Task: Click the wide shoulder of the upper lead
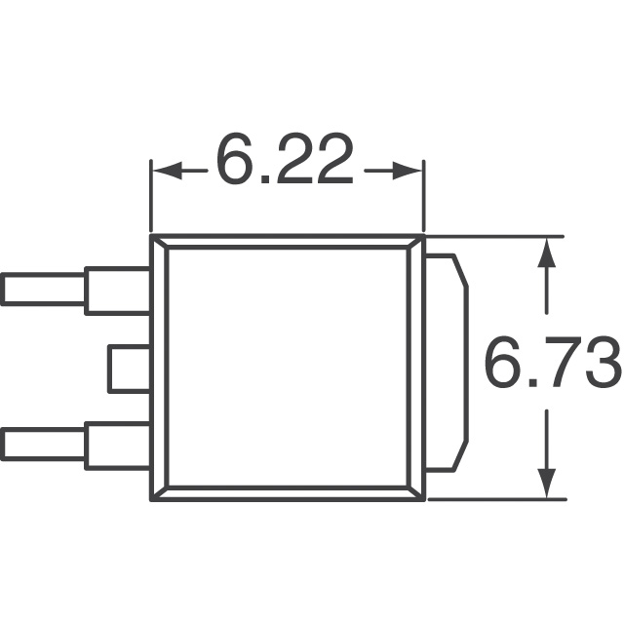point(118,290)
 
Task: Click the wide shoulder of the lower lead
point(118,446)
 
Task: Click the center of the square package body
point(287,368)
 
